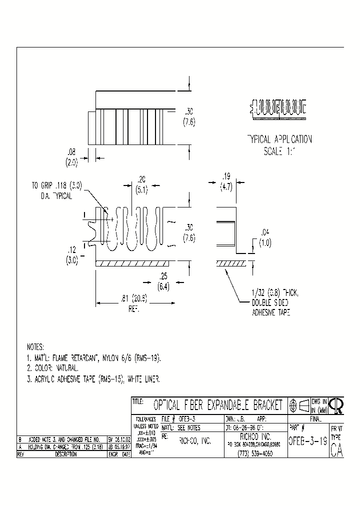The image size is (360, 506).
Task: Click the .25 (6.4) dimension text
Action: point(163,282)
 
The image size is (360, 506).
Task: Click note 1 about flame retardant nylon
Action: point(93,358)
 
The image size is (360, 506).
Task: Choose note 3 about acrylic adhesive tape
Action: point(93,379)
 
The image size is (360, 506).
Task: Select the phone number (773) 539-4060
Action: point(255,452)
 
